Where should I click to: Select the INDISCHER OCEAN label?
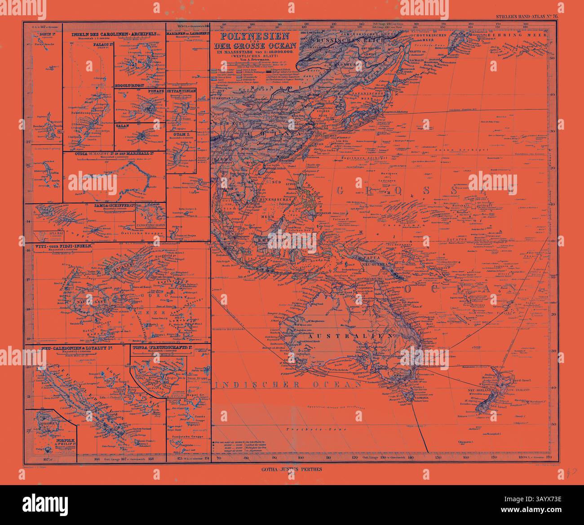[x=288, y=385]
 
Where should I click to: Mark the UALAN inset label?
[x=122, y=126]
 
